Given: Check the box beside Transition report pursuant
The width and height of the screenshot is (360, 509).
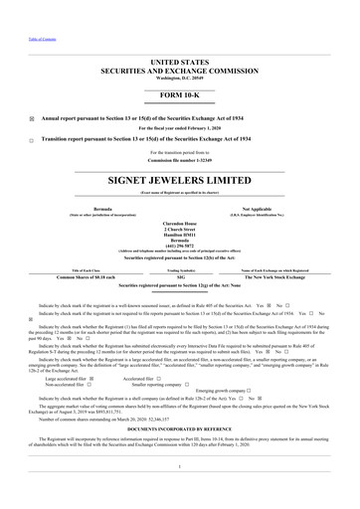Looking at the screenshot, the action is click(32, 140).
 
